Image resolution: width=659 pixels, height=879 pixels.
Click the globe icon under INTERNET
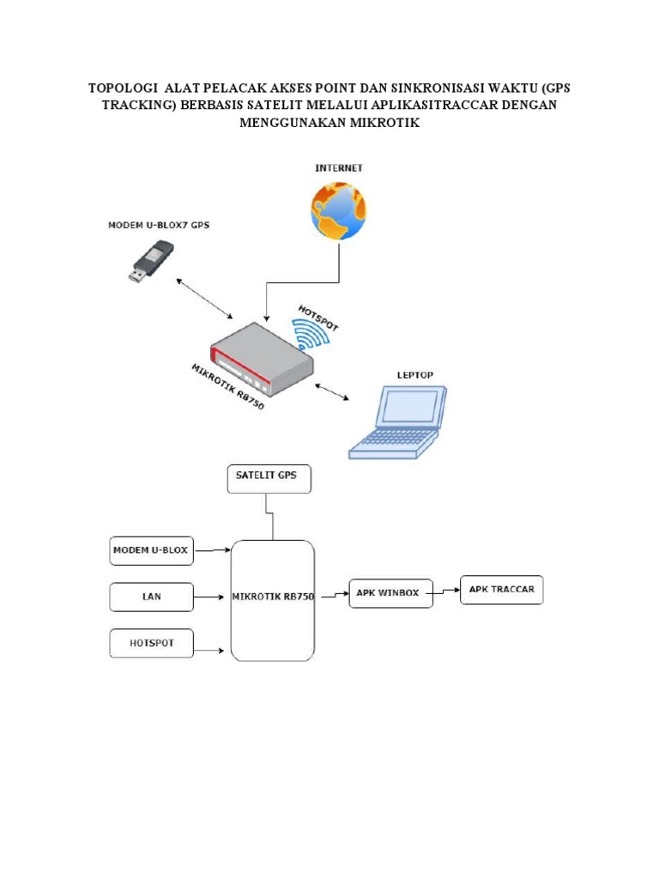[x=338, y=212]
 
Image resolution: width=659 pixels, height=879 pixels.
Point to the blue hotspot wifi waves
[x=309, y=335]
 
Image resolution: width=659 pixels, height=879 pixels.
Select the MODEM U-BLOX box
[x=152, y=550]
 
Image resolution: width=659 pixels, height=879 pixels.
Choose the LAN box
[x=152, y=596]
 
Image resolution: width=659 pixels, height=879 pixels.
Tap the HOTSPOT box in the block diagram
[x=152, y=644]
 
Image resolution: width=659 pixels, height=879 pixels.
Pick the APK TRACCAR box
[x=502, y=590]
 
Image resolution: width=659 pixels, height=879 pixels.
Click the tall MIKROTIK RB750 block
[x=273, y=600]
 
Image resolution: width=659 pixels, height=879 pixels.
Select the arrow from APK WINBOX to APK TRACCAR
[x=446, y=591]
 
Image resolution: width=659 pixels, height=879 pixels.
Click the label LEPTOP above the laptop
[x=415, y=375]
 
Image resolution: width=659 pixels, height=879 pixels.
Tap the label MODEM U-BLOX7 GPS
[x=158, y=225]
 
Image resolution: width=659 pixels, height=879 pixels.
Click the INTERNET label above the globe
[x=338, y=168]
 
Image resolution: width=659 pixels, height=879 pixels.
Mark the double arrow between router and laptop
[x=332, y=393]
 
